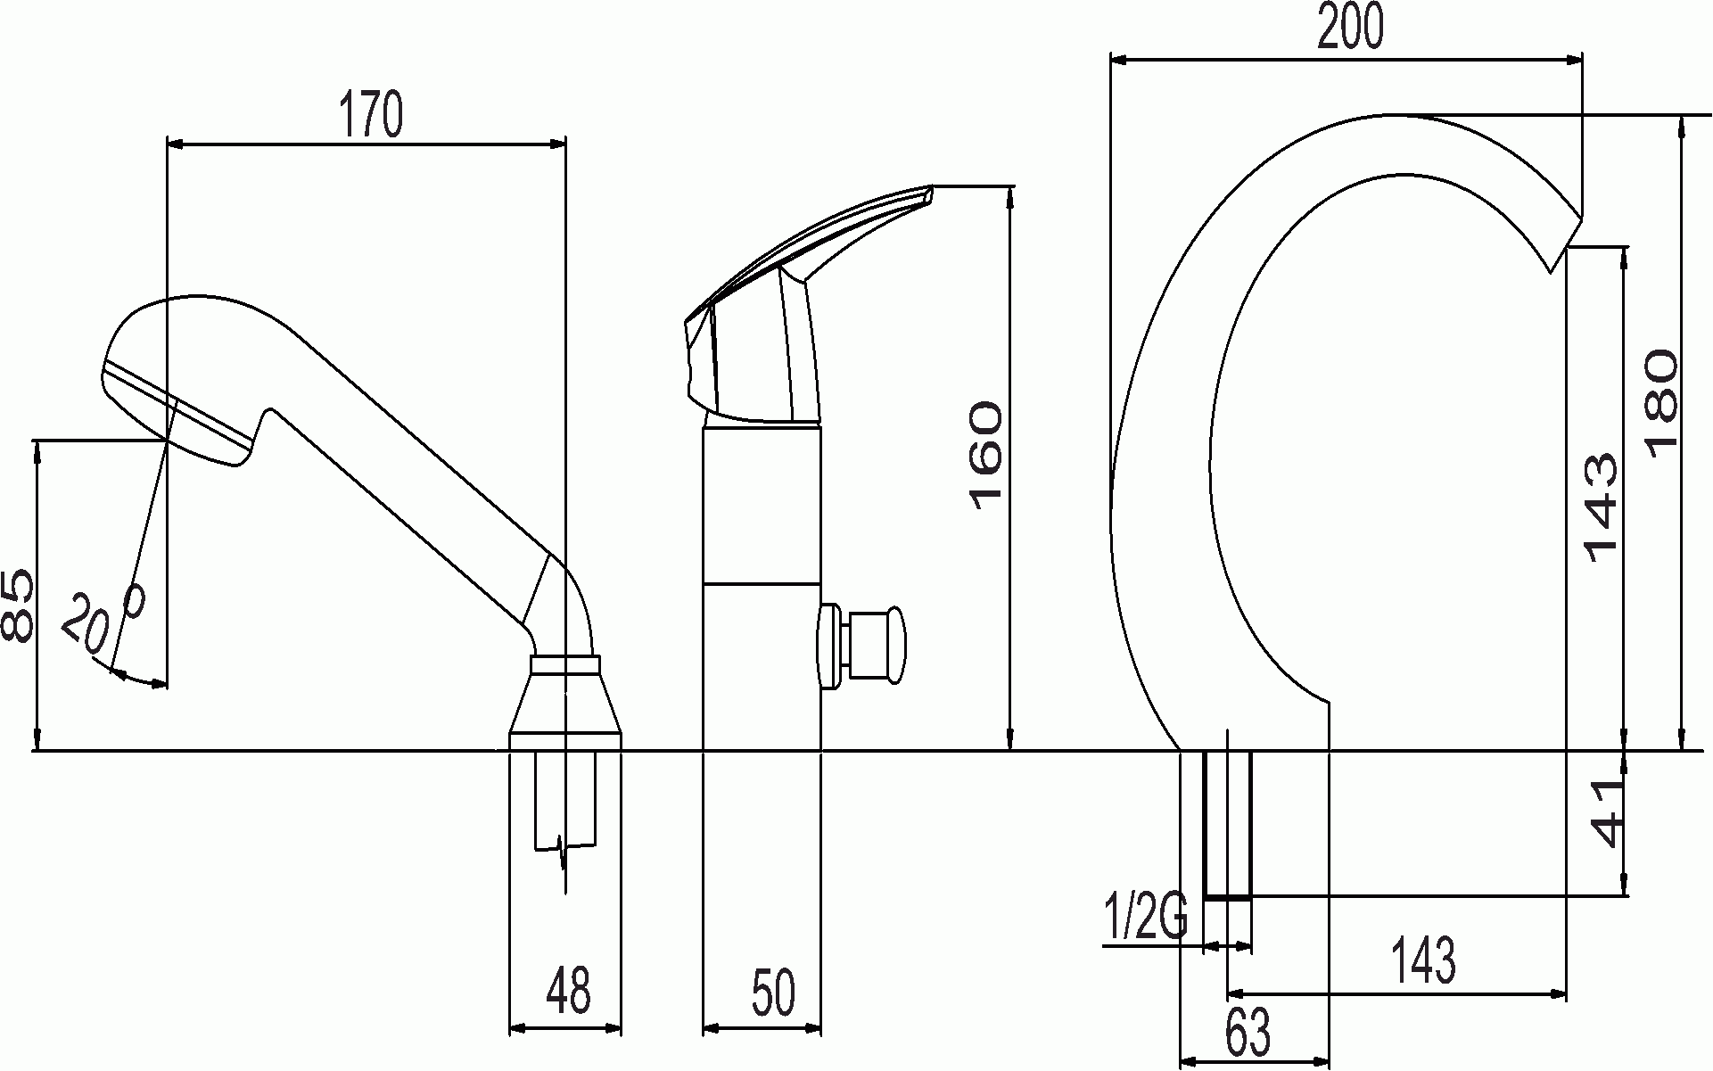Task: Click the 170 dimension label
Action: (x=370, y=114)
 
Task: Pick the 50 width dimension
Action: (x=772, y=993)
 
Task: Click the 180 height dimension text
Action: (x=1660, y=403)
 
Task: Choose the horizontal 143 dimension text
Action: (x=1423, y=960)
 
